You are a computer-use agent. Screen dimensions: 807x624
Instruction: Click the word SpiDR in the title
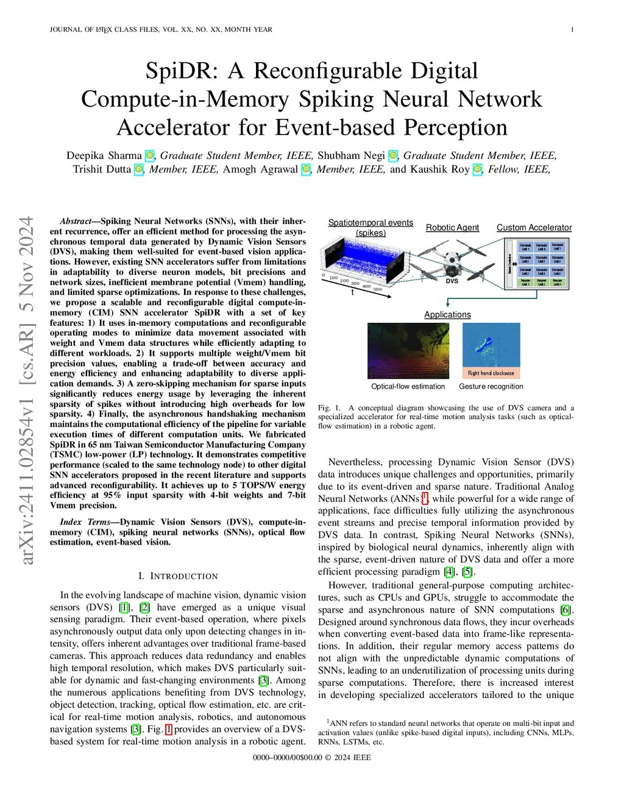182,71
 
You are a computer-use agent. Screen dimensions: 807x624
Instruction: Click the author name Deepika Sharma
104,155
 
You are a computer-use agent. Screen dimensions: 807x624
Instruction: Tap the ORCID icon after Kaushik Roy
478,169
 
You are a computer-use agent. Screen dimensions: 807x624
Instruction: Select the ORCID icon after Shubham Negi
393,156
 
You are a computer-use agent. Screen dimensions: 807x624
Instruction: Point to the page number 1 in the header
572,29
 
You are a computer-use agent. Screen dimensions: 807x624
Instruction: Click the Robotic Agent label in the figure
452,228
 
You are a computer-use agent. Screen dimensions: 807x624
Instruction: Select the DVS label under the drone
452,281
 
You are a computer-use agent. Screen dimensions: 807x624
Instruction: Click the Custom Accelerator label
534,228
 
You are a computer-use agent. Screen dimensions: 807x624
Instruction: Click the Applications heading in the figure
447,315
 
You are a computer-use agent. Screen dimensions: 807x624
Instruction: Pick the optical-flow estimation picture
408,350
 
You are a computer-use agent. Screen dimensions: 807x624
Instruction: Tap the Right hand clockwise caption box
491,373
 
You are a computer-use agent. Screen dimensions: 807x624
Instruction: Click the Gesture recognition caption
491,386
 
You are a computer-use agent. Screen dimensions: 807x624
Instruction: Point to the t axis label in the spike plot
352,293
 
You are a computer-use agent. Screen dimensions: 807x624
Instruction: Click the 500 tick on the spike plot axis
378,290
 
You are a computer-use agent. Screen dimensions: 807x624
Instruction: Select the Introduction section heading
178,576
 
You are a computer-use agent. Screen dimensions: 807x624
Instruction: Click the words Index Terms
85,522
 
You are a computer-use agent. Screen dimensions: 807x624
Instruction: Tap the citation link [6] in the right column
566,610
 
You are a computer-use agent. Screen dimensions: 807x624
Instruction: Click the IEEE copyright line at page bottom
312,758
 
